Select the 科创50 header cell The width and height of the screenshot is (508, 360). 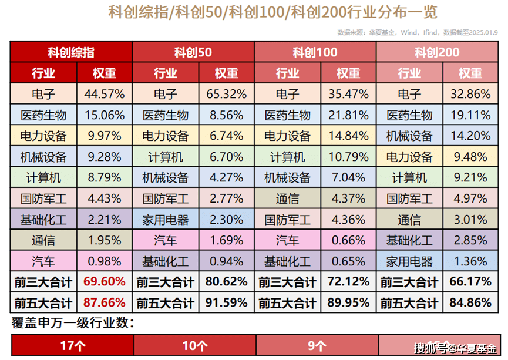tap(193, 52)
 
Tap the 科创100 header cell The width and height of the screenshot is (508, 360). tap(315, 52)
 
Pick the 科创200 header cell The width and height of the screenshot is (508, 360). tap(437, 52)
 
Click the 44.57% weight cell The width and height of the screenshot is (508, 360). tap(105, 94)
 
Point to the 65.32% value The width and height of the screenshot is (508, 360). tap(226, 94)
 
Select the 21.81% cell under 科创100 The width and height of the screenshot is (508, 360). tap(349, 115)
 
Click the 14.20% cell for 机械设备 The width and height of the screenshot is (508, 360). tap(470, 136)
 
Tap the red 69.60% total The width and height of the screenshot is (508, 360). tap(105, 282)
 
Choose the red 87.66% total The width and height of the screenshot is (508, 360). tap(105, 303)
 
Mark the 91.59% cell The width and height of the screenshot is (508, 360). tap(226, 303)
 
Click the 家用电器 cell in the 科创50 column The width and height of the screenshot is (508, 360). tap(166, 220)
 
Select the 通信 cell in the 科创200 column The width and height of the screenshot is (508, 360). tap(409, 220)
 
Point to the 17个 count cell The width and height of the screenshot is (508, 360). tap(72, 346)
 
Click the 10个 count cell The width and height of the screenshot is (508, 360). tap(194, 346)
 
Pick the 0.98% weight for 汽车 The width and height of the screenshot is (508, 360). tap(105, 261)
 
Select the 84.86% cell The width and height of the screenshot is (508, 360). tap(470, 303)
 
